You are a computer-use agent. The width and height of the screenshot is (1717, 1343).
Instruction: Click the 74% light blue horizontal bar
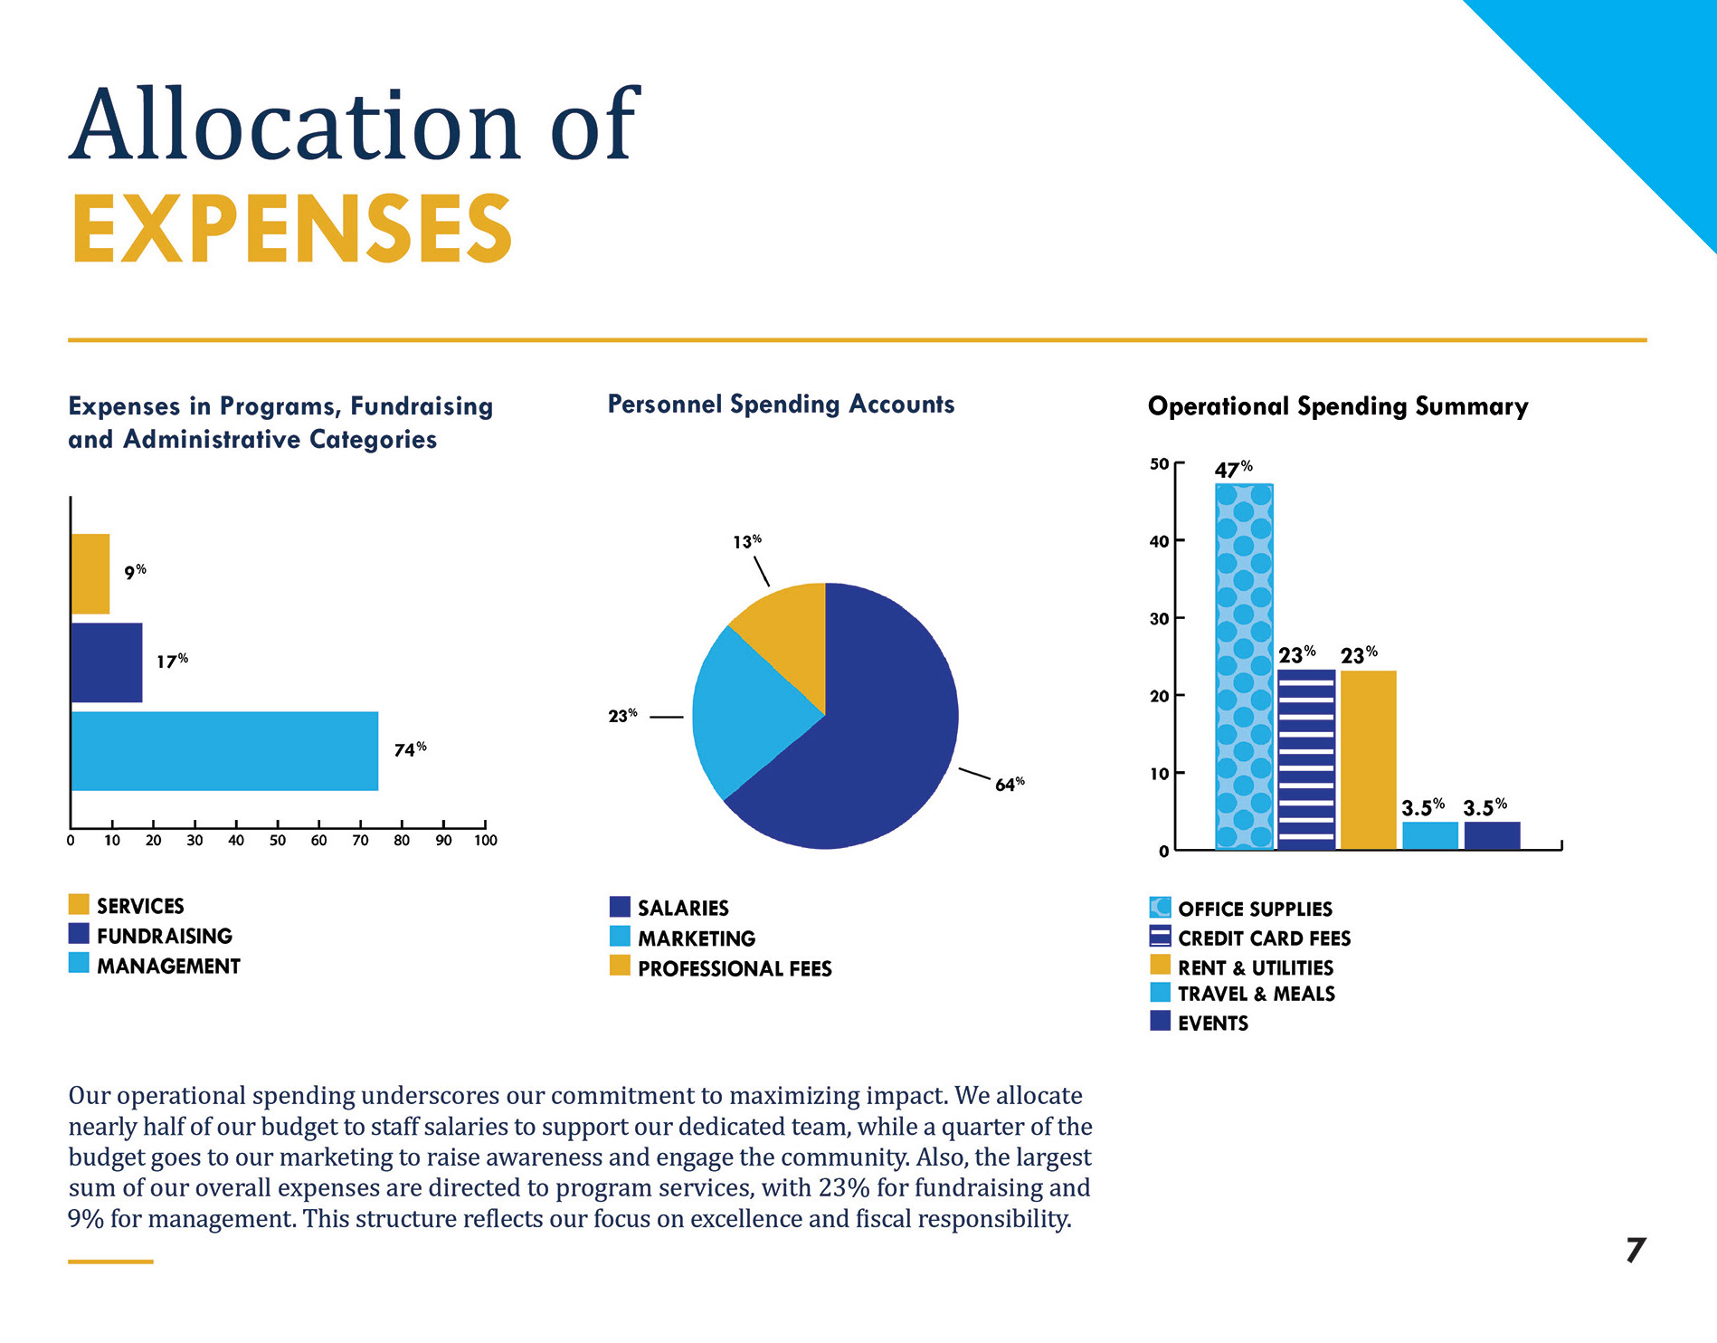pyautogui.click(x=224, y=751)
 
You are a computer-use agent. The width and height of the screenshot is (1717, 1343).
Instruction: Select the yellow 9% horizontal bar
pyautogui.click(x=90, y=574)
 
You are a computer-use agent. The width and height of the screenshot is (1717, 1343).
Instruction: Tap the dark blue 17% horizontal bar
pyautogui.click(x=107, y=662)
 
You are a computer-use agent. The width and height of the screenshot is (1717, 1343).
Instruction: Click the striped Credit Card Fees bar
pyautogui.click(x=1306, y=759)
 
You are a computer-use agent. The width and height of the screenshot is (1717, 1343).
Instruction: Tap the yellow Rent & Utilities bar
pyautogui.click(x=1369, y=759)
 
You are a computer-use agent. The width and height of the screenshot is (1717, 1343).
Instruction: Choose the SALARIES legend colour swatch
pyautogui.click(x=620, y=907)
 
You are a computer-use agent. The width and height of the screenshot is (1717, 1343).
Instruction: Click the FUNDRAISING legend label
pyautogui.click(x=165, y=936)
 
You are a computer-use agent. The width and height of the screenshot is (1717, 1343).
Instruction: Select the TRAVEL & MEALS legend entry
pyautogui.click(x=1256, y=994)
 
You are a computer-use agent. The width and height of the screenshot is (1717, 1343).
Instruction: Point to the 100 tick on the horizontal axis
pyautogui.click(x=486, y=840)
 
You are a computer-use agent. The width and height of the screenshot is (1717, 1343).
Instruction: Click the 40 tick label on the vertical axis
pyautogui.click(x=1159, y=541)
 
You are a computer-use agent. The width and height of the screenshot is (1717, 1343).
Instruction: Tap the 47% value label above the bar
pyautogui.click(x=1233, y=470)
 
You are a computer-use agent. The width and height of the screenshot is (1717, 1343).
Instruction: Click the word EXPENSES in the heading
pyautogui.click(x=291, y=229)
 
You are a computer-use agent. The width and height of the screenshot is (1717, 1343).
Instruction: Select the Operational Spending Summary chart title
pyautogui.click(x=1338, y=406)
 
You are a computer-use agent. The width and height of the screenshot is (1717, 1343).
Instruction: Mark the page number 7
pyautogui.click(x=1636, y=1250)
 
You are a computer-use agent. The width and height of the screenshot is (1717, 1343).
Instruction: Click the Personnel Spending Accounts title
pyautogui.click(x=781, y=404)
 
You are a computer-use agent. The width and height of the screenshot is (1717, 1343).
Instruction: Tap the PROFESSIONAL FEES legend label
pyautogui.click(x=735, y=968)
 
